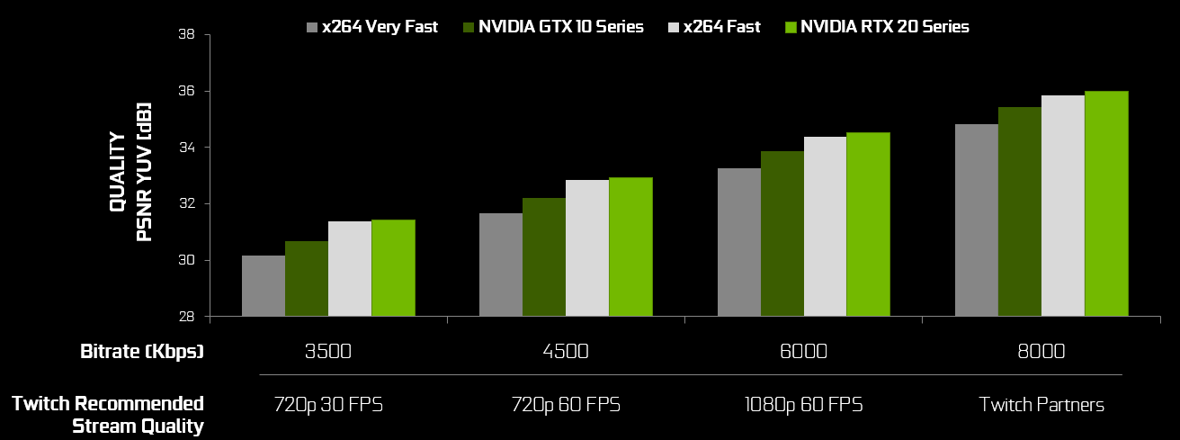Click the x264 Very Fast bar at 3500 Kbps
click(264, 286)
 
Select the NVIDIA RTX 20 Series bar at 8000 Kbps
click(1105, 203)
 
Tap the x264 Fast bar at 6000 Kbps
click(825, 227)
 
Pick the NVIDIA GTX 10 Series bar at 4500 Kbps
click(544, 257)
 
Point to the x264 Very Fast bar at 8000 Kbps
click(976, 220)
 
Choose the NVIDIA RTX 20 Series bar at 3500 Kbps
click(393, 268)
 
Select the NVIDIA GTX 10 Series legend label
click(560, 27)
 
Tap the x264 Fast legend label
click(721, 27)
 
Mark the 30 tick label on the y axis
click(188, 261)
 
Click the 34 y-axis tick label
click(188, 148)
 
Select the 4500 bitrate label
click(565, 351)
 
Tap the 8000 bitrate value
click(1041, 351)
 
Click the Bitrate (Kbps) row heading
click(142, 351)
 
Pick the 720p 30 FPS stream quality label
click(328, 404)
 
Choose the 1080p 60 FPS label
click(803, 404)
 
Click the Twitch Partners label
click(1041, 404)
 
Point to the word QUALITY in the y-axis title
click(118, 173)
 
